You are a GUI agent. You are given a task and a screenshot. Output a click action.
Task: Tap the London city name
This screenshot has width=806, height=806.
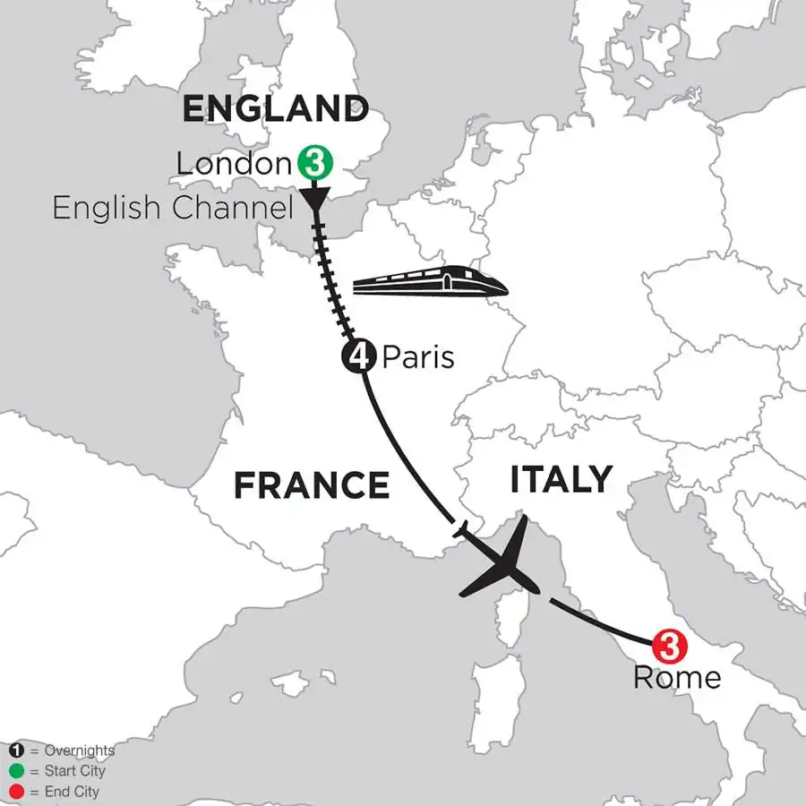[234, 164]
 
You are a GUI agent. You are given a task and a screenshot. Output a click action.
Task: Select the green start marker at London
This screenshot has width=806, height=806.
[314, 164]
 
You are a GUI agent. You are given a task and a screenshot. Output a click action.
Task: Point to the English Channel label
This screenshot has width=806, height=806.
[173, 209]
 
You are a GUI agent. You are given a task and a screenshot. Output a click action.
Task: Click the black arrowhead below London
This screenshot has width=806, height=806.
[315, 198]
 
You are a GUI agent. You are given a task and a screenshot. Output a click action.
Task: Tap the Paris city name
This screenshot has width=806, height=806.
[418, 358]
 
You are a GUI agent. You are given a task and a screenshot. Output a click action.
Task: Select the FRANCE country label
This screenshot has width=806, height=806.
[312, 485]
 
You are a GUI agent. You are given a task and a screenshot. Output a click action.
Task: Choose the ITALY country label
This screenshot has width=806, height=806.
[562, 479]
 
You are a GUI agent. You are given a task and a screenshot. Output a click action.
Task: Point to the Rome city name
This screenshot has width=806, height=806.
[676, 677]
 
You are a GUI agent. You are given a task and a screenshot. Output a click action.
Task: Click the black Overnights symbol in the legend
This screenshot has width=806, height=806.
[16, 750]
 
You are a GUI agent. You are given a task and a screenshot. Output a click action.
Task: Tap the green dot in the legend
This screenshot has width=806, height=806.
[16, 771]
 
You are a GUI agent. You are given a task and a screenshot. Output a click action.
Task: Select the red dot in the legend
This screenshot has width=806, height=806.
[16, 792]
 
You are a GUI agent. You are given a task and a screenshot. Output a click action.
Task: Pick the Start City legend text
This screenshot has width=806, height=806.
[73, 771]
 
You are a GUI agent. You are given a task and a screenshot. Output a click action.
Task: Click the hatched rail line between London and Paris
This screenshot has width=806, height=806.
[331, 278]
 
